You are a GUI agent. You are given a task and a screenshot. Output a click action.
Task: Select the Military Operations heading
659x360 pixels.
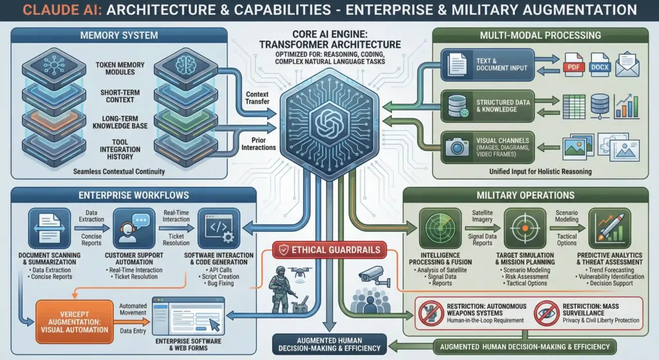[525, 194]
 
